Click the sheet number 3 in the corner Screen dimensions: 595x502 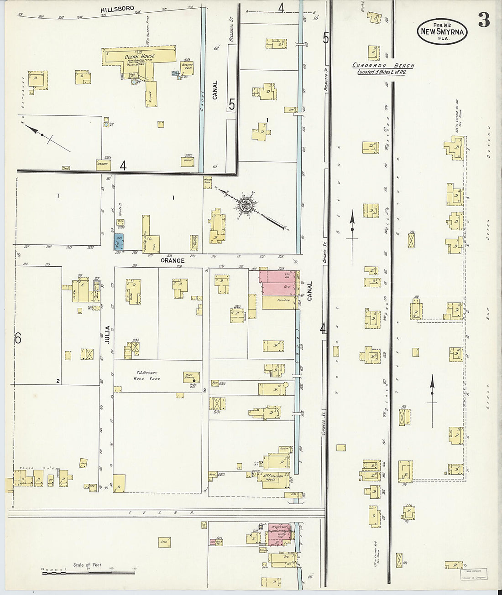(484, 21)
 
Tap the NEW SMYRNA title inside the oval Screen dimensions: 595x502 (442, 32)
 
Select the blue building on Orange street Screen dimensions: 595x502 (118, 242)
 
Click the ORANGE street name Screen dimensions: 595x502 (172, 260)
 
